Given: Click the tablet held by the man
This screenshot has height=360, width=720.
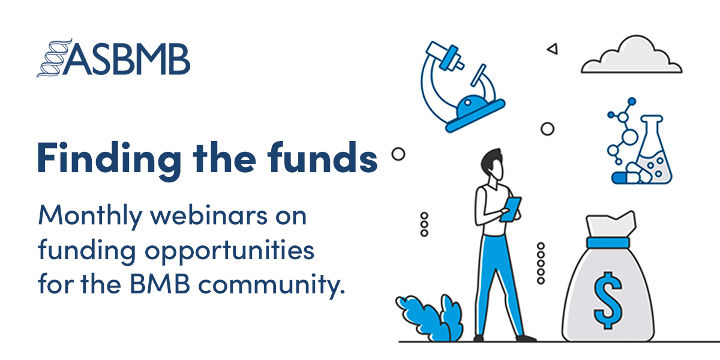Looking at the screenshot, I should click(511, 210).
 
